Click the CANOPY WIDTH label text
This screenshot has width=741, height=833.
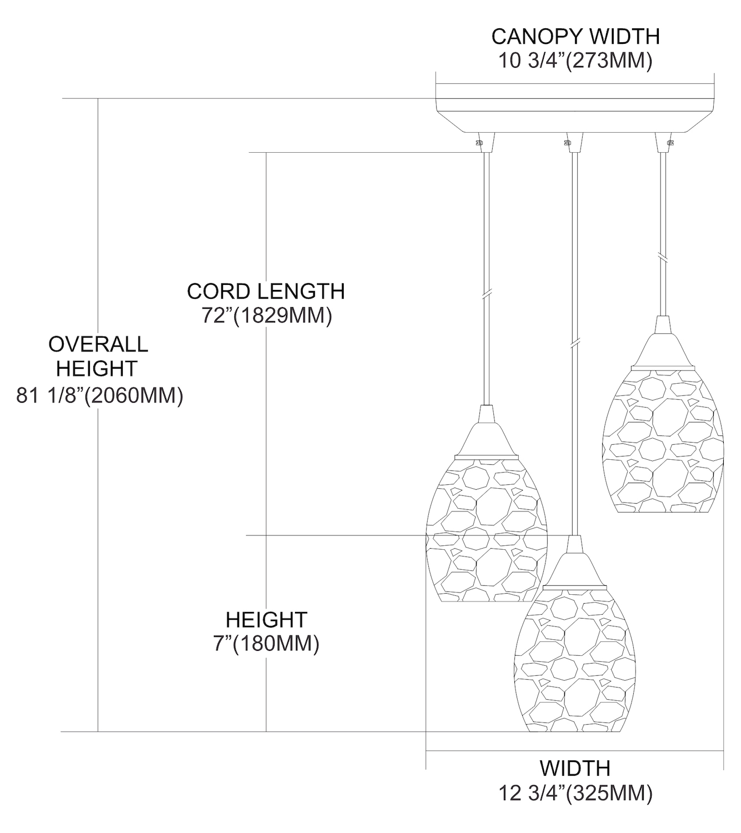[x=575, y=37]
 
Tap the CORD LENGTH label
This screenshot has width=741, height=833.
[x=266, y=292]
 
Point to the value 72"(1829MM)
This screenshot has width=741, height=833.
[x=267, y=315]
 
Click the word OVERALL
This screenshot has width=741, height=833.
[x=98, y=344]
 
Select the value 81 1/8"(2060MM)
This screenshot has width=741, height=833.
[x=99, y=396]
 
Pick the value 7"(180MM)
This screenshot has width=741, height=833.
[x=267, y=644]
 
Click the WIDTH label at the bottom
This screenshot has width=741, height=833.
[x=575, y=769]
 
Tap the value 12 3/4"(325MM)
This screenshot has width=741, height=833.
[x=575, y=793]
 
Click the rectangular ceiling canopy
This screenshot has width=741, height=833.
[x=575, y=108]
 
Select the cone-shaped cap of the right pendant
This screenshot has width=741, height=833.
[x=662, y=344]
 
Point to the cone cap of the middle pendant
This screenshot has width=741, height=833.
[x=575, y=562]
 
